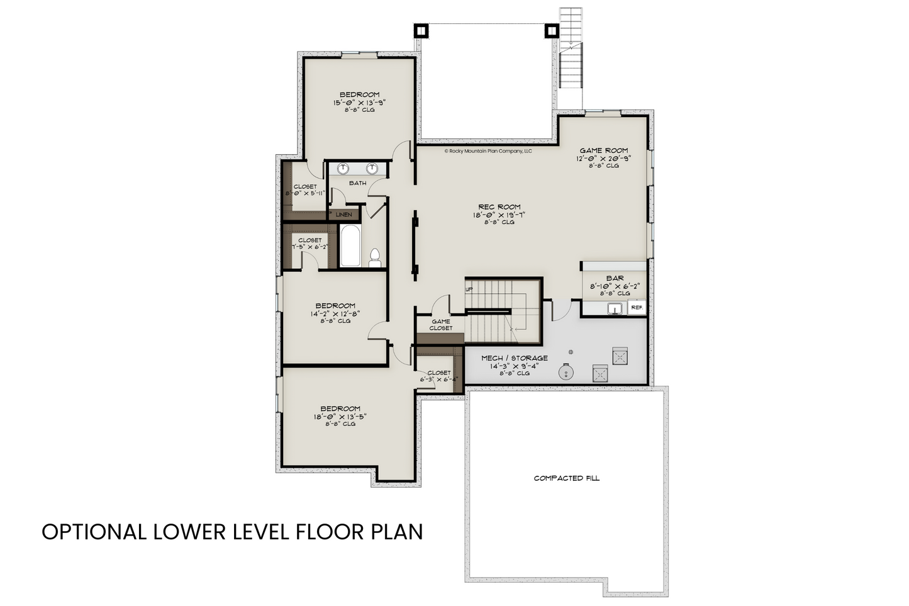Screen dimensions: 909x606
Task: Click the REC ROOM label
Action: click(499, 207)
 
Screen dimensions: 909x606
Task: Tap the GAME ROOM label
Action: click(603, 150)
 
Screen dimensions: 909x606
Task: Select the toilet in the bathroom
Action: click(375, 258)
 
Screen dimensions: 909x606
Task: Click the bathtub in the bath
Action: click(350, 246)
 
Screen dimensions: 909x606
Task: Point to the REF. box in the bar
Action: click(637, 308)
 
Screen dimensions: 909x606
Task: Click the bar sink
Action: click(615, 309)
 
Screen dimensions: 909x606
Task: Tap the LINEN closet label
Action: click(343, 215)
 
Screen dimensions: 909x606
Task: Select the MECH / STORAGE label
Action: click(514, 358)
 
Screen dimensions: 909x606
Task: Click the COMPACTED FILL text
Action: click(567, 478)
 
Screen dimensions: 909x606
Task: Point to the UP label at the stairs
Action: click(469, 289)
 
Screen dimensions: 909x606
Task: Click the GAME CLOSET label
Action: click(441, 325)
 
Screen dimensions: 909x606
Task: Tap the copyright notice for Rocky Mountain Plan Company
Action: click(488, 151)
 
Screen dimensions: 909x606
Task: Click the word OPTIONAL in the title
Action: click(94, 532)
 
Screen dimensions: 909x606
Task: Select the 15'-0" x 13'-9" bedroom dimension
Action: click(359, 103)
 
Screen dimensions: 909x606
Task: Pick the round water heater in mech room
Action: click(566, 372)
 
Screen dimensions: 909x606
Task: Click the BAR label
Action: click(615, 278)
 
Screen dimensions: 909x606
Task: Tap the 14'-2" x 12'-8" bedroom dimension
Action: click(335, 314)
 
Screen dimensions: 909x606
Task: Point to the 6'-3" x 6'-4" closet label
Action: click(438, 379)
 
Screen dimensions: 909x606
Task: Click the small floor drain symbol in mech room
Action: click(571, 352)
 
